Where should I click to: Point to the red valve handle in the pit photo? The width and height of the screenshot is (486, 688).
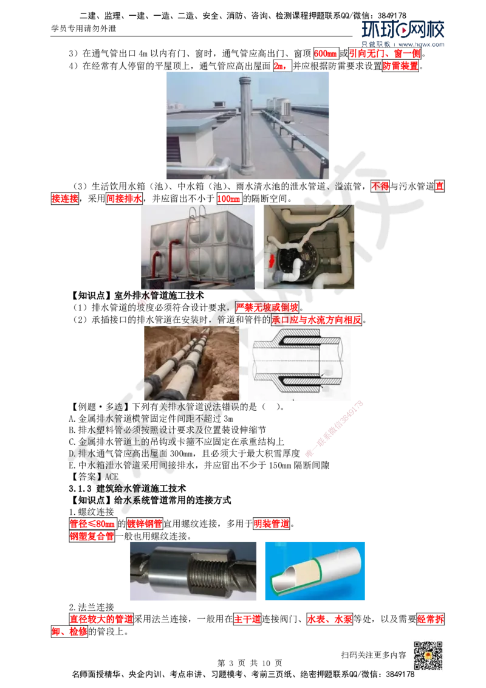point(271,261)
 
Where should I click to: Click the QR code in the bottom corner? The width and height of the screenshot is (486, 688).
point(427,656)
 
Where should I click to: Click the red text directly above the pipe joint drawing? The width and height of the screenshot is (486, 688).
point(316,320)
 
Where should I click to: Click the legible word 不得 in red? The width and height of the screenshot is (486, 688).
point(380,187)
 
